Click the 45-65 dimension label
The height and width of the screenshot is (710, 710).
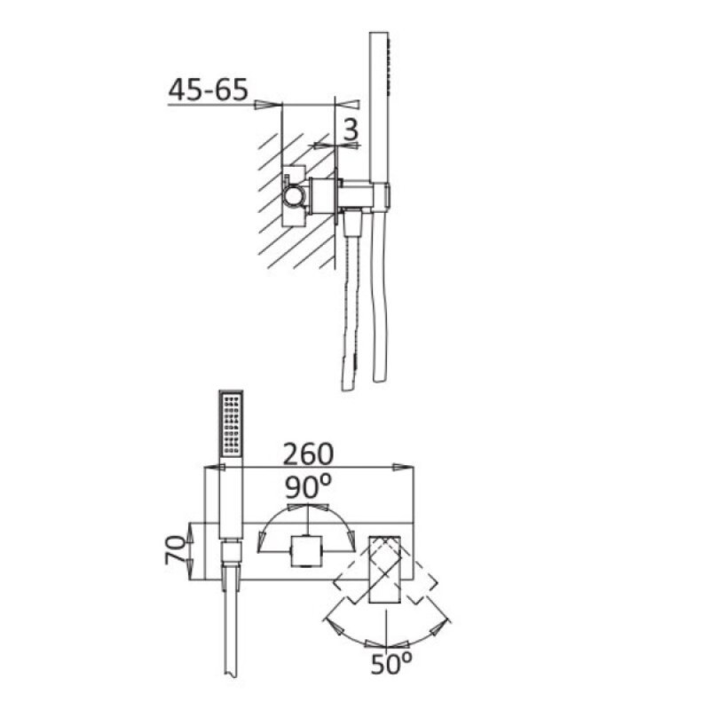coord(209,90)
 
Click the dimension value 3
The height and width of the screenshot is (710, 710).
coord(351,130)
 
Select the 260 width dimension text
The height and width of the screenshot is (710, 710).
coord(308,454)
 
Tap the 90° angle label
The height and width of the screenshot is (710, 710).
coord(308,486)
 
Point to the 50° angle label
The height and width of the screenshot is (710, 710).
coord(391,664)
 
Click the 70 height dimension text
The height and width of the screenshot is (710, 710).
coord(176,549)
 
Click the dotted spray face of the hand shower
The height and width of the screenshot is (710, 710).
coord(231,425)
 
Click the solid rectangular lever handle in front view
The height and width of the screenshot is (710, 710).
coord(385,570)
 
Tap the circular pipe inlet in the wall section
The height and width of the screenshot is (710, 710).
coord(294,196)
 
